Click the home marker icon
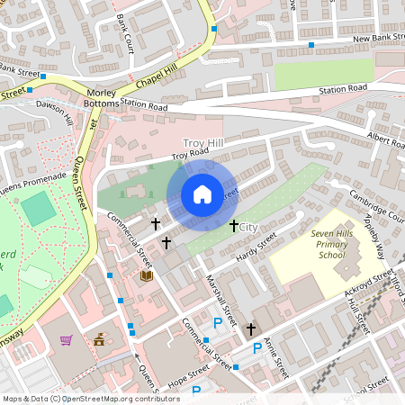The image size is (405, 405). [202, 194]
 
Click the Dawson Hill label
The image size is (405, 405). [55, 112]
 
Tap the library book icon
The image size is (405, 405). [146, 277]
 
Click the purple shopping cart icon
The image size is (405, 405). [66, 340]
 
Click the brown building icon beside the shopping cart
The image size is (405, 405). [100, 339]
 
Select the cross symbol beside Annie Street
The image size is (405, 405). [251, 329]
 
